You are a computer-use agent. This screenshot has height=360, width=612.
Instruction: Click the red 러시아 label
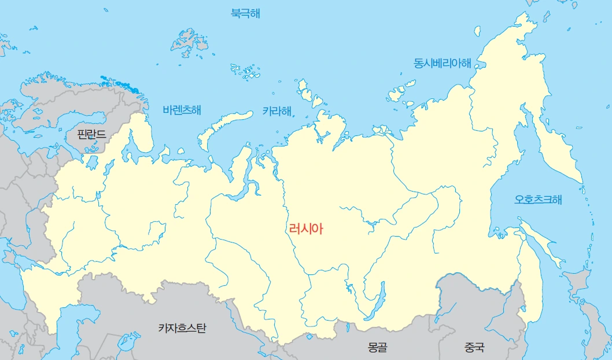(306, 229)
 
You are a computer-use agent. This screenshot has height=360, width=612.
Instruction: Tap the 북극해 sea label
(245, 13)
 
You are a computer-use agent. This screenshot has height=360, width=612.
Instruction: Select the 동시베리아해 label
(442, 63)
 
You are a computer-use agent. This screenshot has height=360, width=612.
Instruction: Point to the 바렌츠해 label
(182, 109)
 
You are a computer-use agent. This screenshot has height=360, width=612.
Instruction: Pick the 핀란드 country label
(91, 134)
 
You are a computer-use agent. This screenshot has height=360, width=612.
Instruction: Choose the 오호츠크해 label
(538, 200)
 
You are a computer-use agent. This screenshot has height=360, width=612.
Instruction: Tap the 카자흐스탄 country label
(182, 328)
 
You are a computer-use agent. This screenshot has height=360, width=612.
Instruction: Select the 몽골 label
(377, 348)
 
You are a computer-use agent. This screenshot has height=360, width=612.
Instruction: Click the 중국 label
(474, 348)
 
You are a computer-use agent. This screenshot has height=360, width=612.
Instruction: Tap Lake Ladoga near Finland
(92, 162)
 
